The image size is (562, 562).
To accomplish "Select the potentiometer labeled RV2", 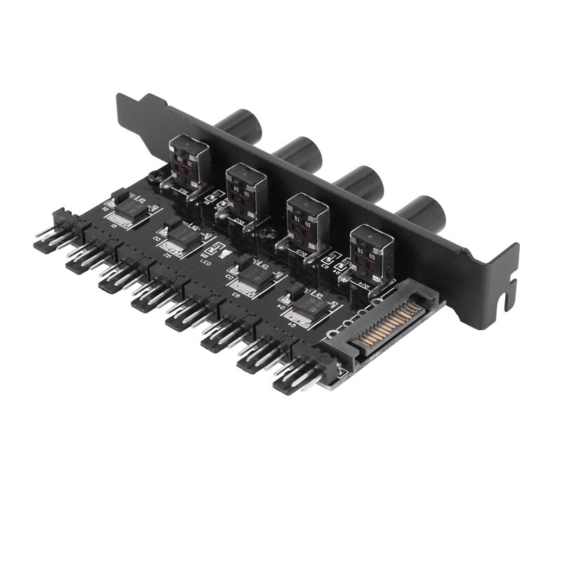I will [x=246, y=188].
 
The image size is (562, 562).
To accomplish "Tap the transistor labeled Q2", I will [x=185, y=234].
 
